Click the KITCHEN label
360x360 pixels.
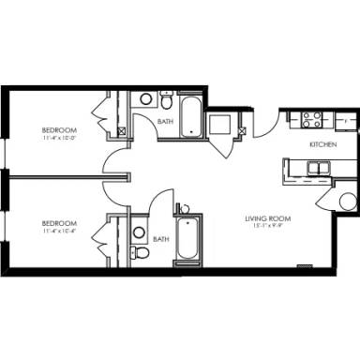click(x=323, y=145)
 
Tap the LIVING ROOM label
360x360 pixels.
click(x=264, y=218)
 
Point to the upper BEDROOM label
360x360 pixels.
click(x=58, y=129)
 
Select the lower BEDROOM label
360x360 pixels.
click(x=58, y=223)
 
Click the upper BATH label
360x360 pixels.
click(x=164, y=122)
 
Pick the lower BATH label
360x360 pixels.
click(x=161, y=239)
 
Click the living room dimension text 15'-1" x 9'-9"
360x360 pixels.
click(x=264, y=227)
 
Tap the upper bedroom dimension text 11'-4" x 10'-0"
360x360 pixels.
click(x=58, y=138)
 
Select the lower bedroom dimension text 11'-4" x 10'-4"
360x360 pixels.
click(x=58, y=232)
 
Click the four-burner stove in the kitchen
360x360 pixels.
click(x=309, y=119)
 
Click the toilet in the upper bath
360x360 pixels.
click(x=167, y=98)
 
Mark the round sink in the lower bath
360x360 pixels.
click(x=139, y=231)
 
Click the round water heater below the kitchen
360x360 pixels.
click(x=345, y=202)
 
